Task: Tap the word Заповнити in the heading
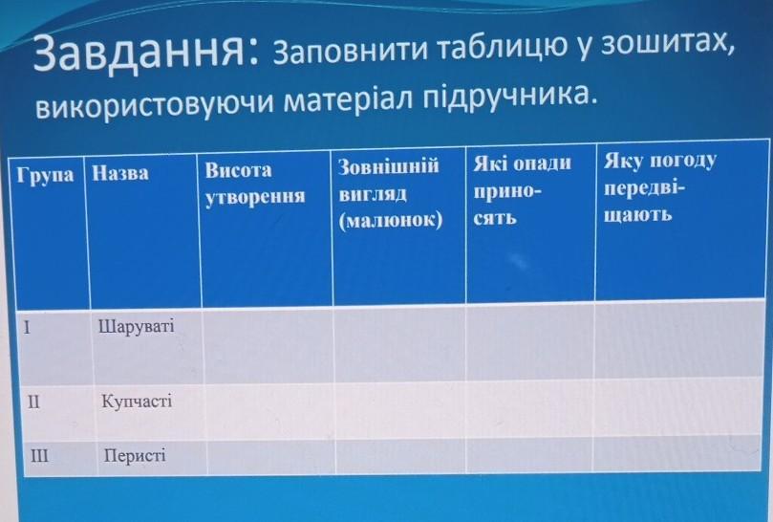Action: (x=350, y=51)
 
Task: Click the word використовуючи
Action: (x=154, y=103)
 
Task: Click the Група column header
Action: (x=45, y=175)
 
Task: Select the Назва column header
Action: (x=120, y=173)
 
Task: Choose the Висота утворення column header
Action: (x=255, y=184)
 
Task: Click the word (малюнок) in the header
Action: (x=391, y=220)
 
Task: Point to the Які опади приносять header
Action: (x=522, y=189)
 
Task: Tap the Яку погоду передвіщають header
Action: (x=659, y=187)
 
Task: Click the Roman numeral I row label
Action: (x=27, y=327)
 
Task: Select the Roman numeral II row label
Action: (x=33, y=402)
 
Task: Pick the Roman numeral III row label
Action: (x=39, y=455)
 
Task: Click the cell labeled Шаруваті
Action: (x=137, y=327)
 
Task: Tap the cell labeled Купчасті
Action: (x=137, y=402)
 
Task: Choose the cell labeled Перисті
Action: (x=135, y=455)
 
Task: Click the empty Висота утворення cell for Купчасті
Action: (x=269, y=411)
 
